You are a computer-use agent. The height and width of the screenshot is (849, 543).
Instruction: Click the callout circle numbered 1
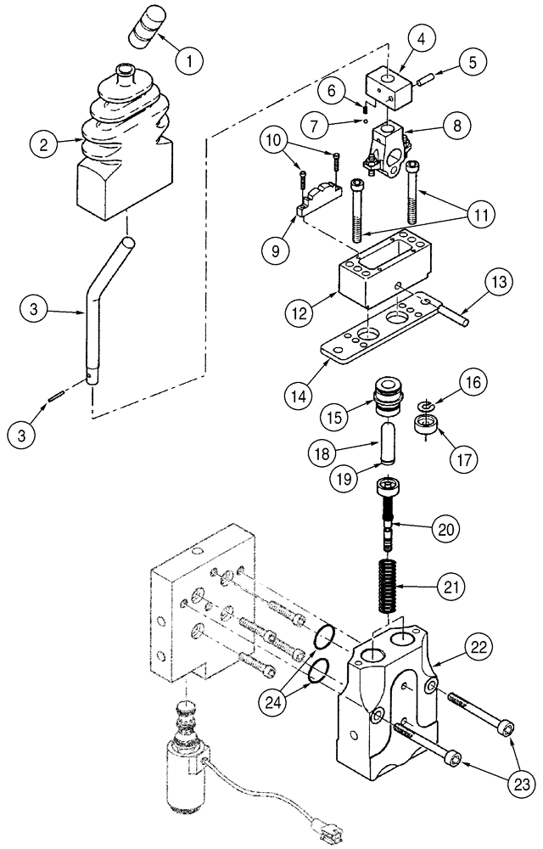[x=190, y=60]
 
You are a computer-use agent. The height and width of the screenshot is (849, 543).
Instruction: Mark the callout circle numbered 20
[x=449, y=529]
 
